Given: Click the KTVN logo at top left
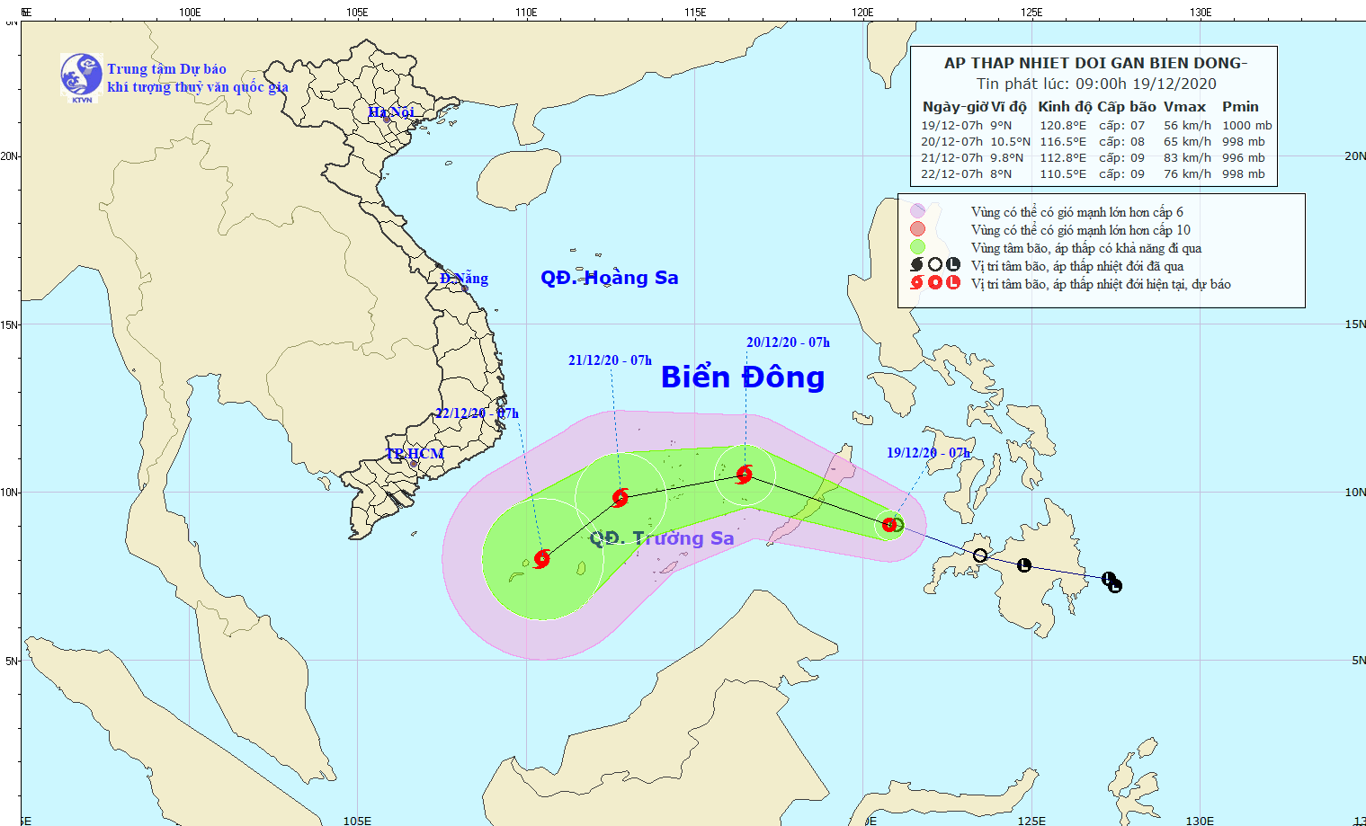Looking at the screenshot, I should pyautogui.click(x=81, y=75).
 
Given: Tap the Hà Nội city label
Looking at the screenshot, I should pyautogui.click(x=391, y=112).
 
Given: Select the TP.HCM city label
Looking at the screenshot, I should pyautogui.click(x=415, y=454).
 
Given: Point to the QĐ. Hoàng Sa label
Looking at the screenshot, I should pyautogui.click(x=609, y=278).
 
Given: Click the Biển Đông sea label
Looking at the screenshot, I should pyautogui.click(x=742, y=377).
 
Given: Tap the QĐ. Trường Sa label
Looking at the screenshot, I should pyautogui.click(x=662, y=538).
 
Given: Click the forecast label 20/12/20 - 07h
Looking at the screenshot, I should pyautogui.click(x=788, y=342).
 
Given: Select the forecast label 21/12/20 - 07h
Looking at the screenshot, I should pyautogui.click(x=610, y=360).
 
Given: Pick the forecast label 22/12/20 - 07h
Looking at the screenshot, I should pyautogui.click(x=477, y=413).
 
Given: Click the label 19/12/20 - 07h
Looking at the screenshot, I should pyautogui.click(x=928, y=453).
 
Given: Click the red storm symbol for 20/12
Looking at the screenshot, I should pyautogui.click(x=744, y=475).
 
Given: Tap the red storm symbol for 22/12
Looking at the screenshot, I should pyautogui.click(x=541, y=559).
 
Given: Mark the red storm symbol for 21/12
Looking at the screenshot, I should pyautogui.click(x=620, y=498).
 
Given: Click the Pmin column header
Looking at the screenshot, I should pyautogui.click(x=1240, y=107).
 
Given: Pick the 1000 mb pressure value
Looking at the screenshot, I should pyautogui.click(x=1246, y=126).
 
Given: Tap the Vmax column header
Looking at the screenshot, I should pyautogui.click(x=1184, y=107).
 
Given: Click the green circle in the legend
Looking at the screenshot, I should pyautogui.click(x=917, y=247).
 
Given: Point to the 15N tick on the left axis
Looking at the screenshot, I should pyautogui.click(x=10, y=324).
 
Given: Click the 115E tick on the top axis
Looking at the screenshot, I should pyautogui.click(x=694, y=13).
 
